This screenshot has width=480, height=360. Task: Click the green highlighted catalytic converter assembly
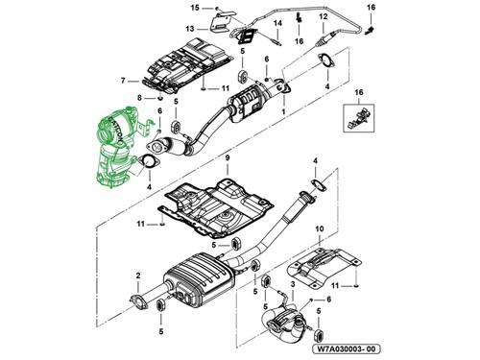[x=117, y=147]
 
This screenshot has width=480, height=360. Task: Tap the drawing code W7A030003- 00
[x=347, y=348]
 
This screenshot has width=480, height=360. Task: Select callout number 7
[x=123, y=82]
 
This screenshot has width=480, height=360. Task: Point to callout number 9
[x=228, y=158]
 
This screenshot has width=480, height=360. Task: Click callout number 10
[x=320, y=229]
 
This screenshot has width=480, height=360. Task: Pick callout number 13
[x=190, y=29]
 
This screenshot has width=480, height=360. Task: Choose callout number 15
[x=195, y=8]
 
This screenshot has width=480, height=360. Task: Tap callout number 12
[x=324, y=16]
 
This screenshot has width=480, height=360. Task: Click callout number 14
[x=277, y=23]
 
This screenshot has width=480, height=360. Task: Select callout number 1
[x=283, y=111]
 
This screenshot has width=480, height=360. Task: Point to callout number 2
[x=138, y=276]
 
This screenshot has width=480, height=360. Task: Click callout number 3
[x=293, y=284]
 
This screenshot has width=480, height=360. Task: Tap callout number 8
[x=139, y=98]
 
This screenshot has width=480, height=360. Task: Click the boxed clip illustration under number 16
[x=359, y=118]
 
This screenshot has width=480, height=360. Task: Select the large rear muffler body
[x=199, y=279]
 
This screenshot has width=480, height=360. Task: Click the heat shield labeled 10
[x=324, y=267]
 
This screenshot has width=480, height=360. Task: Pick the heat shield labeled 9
[x=217, y=208]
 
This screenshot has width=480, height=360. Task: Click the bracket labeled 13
[x=221, y=22]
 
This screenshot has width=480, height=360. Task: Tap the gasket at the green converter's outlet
[x=149, y=162]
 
